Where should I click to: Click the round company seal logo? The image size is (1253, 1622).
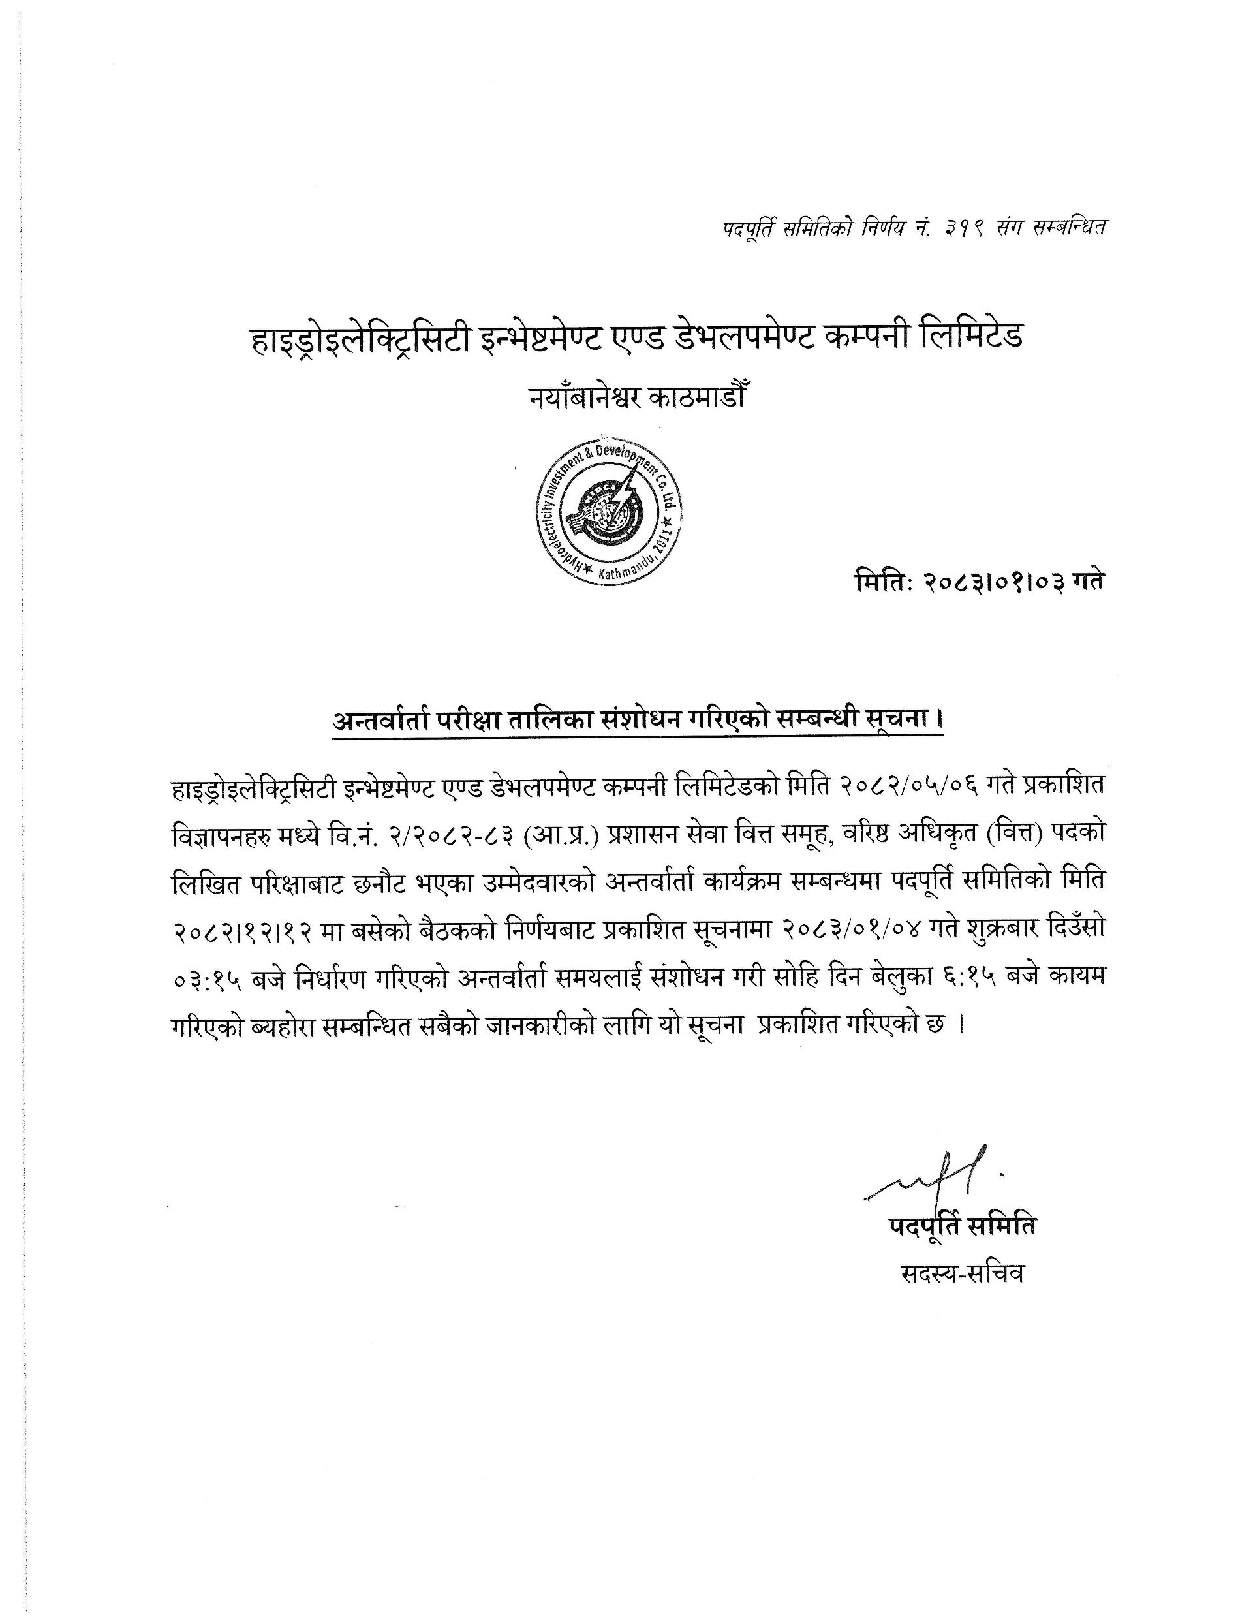click(609, 513)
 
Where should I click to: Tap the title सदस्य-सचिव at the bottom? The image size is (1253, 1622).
click(963, 1273)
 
